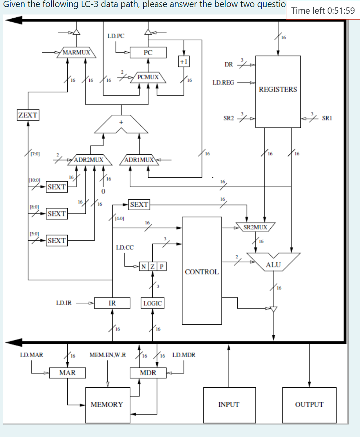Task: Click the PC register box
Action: (148, 52)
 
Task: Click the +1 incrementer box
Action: (183, 61)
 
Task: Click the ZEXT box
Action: (28, 115)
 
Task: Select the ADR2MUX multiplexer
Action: (89, 160)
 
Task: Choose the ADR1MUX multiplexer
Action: (139, 160)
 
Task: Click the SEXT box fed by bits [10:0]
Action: (56, 187)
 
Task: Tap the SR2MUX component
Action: (255, 227)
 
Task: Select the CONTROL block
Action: (202, 271)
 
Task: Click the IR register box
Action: (112, 303)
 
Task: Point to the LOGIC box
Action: (152, 303)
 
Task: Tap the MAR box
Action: (67, 373)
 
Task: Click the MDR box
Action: (148, 373)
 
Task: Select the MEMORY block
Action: (107, 404)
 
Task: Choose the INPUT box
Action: (229, 404)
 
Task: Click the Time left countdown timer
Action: (323, 11)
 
